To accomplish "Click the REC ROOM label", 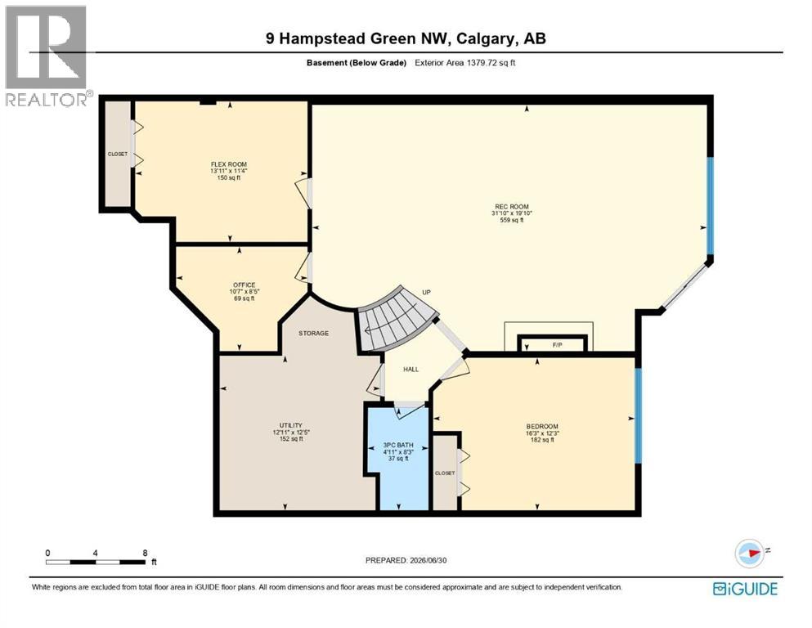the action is pos(511,207).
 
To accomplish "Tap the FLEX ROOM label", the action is pos(228,164).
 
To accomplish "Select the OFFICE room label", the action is pos(244,285).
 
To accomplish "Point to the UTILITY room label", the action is pos(290,425).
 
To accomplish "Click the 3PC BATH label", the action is pos(398,445).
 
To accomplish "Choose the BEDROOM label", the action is pos(542,427).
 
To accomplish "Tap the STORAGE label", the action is pos(313,333).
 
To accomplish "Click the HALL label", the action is pos(410,369).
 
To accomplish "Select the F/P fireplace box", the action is pos(553,344).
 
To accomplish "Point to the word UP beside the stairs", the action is pos(426,292).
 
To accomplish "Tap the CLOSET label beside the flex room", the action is pos(118,154).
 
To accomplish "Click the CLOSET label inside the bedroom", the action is pos(445,473).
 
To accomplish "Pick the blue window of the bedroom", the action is pos(639,415).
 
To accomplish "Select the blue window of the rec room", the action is pos(711,205).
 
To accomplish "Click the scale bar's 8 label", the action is pos(145,553).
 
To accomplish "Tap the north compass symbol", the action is pos(749,553).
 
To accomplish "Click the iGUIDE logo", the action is pos(745,589).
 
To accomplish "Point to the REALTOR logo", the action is pos(47,56).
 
